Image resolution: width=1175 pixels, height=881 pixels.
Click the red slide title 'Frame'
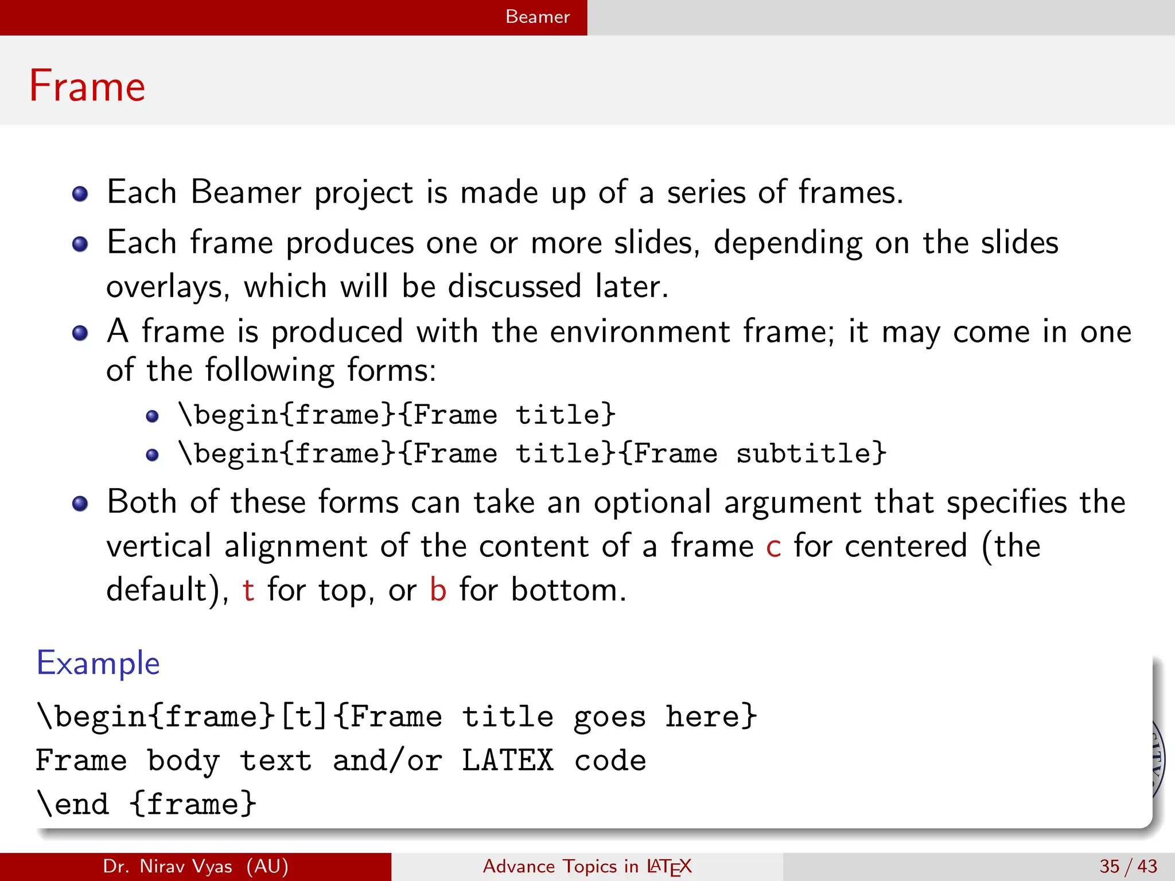coord(87,86)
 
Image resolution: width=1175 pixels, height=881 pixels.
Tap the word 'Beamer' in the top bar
coord(538,17)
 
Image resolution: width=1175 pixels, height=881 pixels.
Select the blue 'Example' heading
coord(98,664)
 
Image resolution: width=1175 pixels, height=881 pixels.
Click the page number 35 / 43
coord(1128,866)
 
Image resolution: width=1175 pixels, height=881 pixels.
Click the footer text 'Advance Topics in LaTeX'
coord(587,866)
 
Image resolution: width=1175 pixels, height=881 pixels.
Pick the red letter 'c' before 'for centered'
coord(773,547)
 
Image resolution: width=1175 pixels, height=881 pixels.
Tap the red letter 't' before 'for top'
coord(248,590)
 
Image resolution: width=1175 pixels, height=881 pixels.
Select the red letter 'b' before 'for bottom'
coord(438,590)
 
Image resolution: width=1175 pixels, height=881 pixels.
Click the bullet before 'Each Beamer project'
coord(80,194)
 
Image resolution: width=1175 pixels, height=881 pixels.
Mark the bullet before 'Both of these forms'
coord(80,504)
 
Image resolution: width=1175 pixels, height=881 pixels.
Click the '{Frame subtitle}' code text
coord(753,454)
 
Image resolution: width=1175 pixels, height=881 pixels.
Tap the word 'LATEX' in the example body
coord(508,761)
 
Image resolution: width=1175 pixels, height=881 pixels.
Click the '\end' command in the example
coord(73,804)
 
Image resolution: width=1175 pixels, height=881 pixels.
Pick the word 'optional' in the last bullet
coord(652,502)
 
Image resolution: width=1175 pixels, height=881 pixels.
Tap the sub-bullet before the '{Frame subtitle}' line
coord(152,455)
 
